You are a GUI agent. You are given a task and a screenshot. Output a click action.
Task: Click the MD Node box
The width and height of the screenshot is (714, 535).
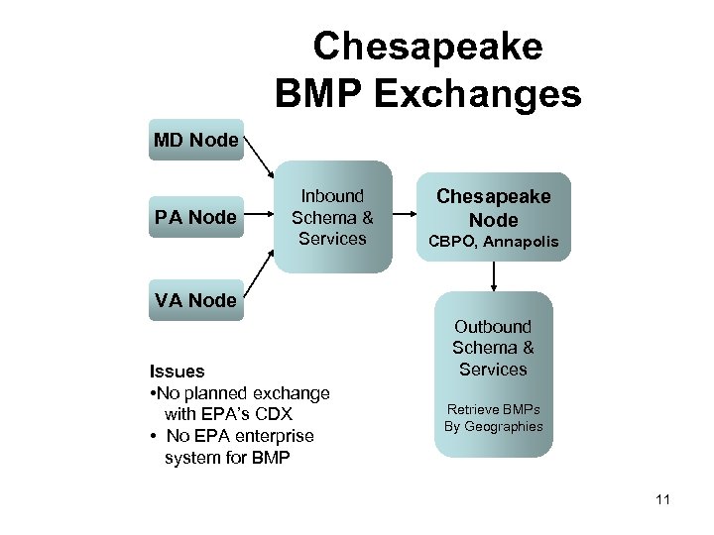pyautogui.click(x=196, y=141)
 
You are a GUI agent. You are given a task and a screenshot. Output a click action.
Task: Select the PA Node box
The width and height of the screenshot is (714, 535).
pyautogui.click(x=196, y=217)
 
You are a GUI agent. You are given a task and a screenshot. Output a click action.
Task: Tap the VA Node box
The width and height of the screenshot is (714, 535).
pyautogui.click(x=196, y=299)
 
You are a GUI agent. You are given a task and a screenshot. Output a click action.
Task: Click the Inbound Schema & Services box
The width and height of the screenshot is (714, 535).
pyautogui.click(x=332, y=217)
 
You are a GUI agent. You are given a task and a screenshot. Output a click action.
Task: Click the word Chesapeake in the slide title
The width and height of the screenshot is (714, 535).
pyautogui.click(x=427, y=47)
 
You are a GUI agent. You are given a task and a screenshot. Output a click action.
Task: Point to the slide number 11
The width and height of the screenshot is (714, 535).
pyautogui.click(x=662, y=499)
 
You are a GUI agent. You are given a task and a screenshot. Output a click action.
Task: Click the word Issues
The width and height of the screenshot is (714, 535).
pyautogui.click(x=177, y=372)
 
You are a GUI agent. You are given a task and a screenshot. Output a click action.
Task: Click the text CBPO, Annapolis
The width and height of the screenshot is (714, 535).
pyautogui.click(x=493, y=242)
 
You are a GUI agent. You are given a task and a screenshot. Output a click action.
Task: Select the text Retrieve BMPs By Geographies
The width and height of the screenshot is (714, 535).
pyautogui.click(x=493, y=417)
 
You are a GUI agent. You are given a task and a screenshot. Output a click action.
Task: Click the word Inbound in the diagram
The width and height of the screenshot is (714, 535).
pyautogui.click(x=332, y=196)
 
